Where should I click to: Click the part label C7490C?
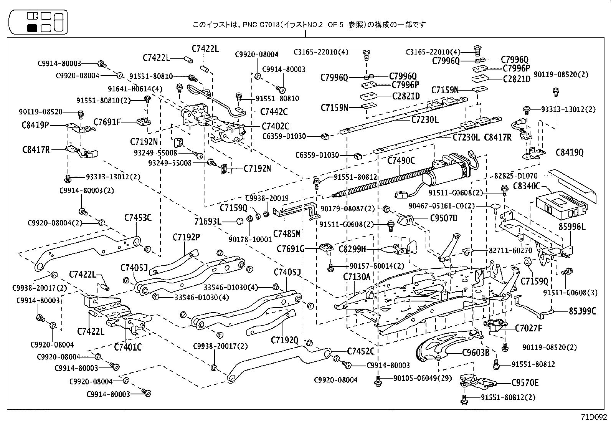401,161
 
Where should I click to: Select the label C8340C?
526,187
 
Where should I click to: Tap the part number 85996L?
572,227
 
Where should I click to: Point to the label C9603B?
476,352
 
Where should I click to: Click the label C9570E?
525,383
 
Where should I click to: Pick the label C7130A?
357,276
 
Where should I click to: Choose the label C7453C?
138,218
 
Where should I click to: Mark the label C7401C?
128,347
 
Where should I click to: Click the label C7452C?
360,351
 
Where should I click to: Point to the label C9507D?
444,218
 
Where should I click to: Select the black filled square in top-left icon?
32,28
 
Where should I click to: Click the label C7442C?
274,112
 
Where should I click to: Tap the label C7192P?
186,237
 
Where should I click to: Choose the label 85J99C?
583,311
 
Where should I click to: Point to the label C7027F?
528,328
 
